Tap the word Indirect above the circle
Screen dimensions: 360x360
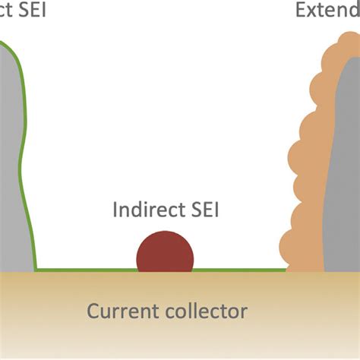coord(150,209)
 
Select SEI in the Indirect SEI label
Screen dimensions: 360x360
coord(204,209)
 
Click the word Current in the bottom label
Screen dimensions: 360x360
coord(119,311)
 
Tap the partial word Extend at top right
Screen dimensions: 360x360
coord(327,11)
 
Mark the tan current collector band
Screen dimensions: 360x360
coord(180,334)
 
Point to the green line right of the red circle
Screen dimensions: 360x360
coord(239,270)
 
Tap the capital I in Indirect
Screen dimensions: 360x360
coord(115,209)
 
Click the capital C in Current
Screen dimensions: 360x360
coord(93,311)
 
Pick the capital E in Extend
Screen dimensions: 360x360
coord(302,11)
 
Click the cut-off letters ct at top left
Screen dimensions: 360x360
coord(5,11)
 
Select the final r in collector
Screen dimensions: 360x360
coord(244,311)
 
